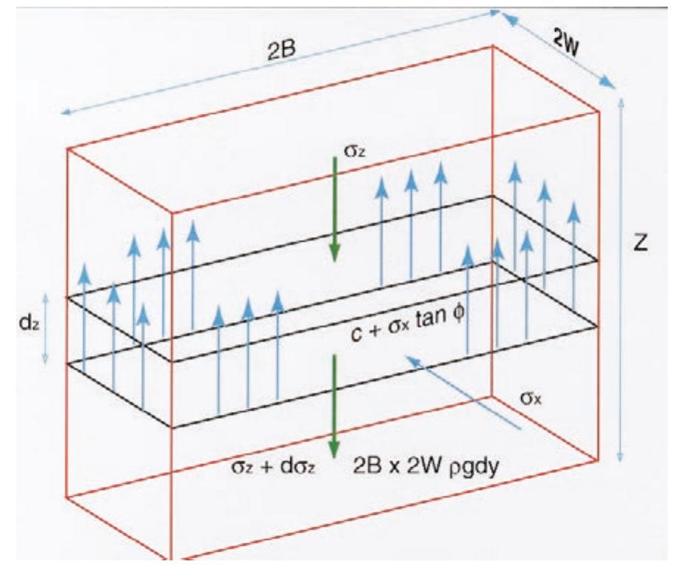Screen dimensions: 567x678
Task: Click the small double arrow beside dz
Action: click(46, 328)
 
